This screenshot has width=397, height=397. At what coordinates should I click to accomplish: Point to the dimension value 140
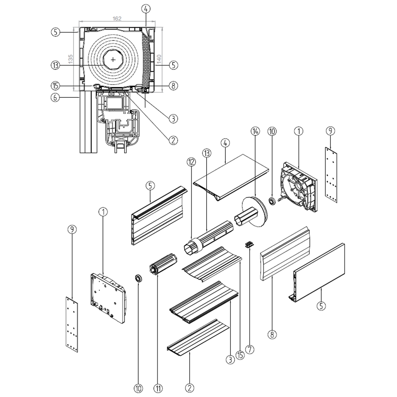click(160, 59)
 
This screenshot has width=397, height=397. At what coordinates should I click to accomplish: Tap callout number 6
click(54, 97)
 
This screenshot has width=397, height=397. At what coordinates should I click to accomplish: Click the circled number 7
click(250, 349)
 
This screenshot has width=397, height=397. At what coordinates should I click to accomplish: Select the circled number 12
click(191, 162)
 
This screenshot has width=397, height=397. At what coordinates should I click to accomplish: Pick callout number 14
click(255, 131)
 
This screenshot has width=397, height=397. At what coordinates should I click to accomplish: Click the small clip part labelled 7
click(250, 244)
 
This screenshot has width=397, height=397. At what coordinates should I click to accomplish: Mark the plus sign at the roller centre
click(113, 59)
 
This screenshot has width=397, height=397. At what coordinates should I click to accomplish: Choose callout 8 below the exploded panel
click(272, 334)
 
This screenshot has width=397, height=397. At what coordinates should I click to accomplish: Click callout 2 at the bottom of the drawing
click(190, 388)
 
